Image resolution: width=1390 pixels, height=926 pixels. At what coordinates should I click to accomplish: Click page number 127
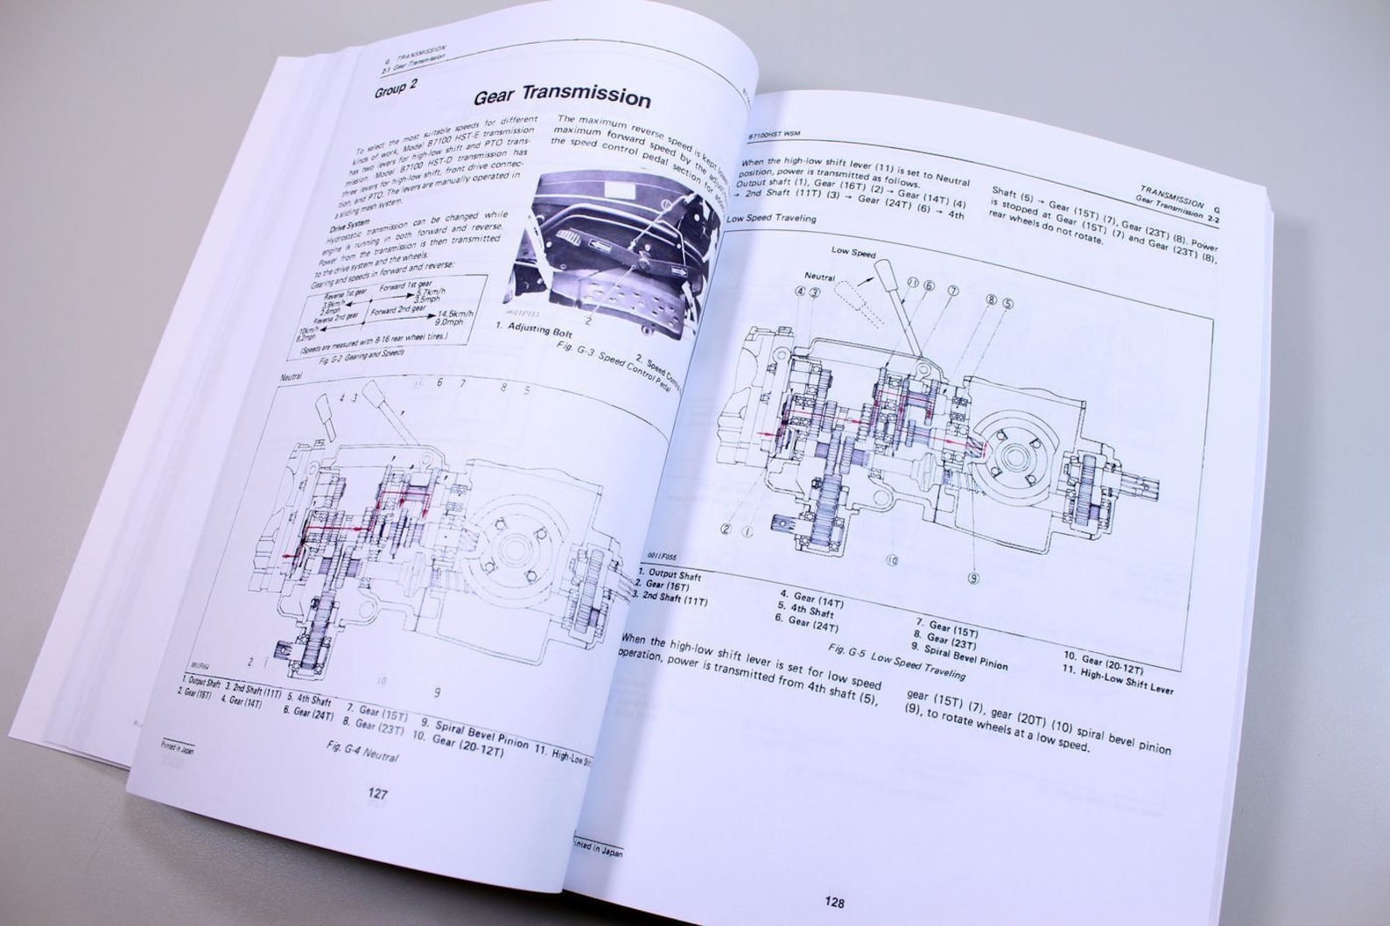pos(377,794)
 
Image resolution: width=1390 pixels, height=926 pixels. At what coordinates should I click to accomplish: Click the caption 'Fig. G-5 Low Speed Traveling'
pos(896,662)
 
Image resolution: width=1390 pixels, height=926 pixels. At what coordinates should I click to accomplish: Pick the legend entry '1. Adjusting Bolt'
pos(536,329)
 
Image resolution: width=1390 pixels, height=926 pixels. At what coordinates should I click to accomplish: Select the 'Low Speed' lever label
pos(853,251)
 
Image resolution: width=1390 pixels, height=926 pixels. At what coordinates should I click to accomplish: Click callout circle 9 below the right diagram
pos(973,579)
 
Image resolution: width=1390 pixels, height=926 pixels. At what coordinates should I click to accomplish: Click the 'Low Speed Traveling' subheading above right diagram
pos(771,218)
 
